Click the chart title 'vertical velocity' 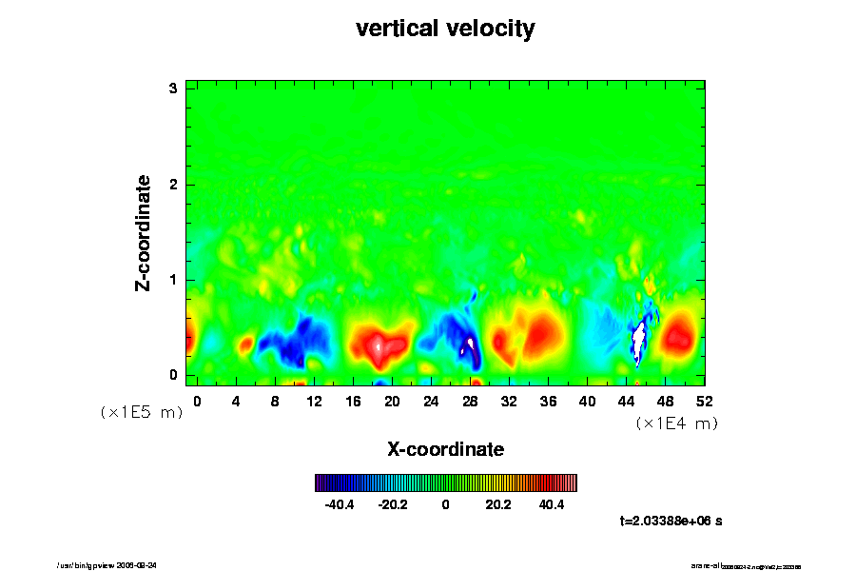[x=445, y=29]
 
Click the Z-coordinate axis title [x=143, y=232]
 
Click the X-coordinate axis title [x=445, y=448]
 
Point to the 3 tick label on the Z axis [x=173, y=89]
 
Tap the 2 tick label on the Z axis [x=173, y=185]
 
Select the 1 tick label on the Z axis [x=173, y=280]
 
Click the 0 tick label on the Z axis [x=173, y=375]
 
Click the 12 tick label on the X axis [x=314, y=401]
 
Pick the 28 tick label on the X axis [x=470, y=401]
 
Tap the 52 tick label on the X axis [x=704, y=401]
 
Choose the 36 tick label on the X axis [x=548, y=401]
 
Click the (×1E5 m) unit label [x=142, y=413]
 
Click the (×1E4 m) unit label [x=676, y=423]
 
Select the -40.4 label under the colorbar [x=340, y=504]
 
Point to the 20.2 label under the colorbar [x=498, y=504]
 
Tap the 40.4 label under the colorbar [x=552, y=504]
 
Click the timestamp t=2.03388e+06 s [x=671, y=521]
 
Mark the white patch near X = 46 [x=639, y=340]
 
